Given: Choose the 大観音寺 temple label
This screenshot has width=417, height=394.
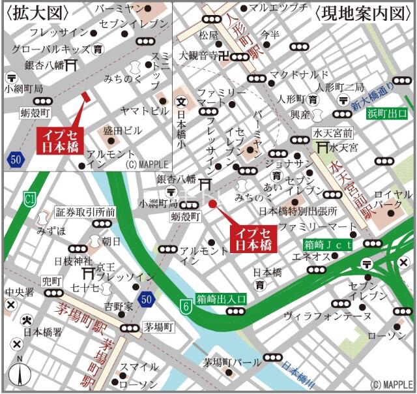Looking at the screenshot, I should pos(198,55).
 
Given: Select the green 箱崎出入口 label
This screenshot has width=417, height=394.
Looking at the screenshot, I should pos(222,298).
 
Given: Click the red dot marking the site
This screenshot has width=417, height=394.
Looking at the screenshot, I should pos(212,204).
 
